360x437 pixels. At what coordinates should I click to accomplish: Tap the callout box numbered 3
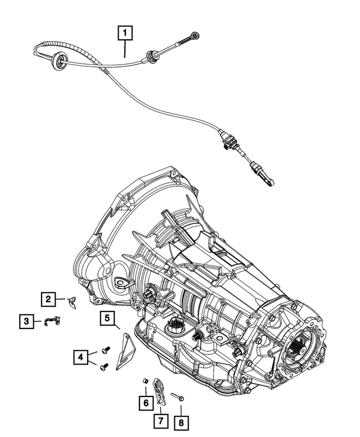25,322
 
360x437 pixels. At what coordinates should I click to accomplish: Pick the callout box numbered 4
81,357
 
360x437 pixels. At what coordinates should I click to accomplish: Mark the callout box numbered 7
161,420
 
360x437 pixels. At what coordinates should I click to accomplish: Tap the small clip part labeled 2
71,301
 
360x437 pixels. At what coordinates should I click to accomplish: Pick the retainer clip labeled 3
52,321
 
